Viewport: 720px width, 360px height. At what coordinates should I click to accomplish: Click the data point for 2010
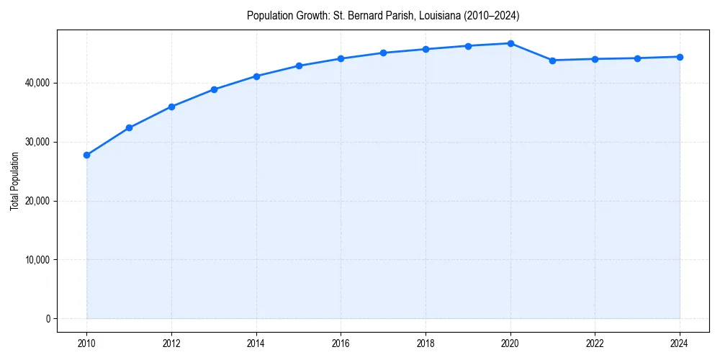click(x=86, y=155)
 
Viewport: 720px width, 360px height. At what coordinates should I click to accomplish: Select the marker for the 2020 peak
click(x=510, y=43)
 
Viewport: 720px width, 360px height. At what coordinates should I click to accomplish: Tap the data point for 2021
click(x=552, y=60)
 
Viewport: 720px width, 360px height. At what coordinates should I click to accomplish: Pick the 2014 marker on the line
click(x=256, y=76)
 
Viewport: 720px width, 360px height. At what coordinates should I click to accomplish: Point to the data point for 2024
click(x=680, y=57)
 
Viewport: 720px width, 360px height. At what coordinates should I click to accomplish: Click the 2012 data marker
click(x=171, y=107)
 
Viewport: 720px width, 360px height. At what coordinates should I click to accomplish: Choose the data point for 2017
click(x=383, y=53)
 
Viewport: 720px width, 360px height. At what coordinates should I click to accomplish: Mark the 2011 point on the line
click(x=129, y=128)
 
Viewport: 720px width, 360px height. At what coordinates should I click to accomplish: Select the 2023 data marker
click(x=637, y=58)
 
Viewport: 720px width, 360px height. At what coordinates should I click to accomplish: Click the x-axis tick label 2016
click(x=341, y=343)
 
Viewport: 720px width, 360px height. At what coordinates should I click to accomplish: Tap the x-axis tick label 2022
click(x=595, y=343)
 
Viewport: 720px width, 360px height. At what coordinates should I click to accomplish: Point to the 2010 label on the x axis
click(x=86, y=343)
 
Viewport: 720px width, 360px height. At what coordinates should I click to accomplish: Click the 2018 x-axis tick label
click(x=426, y=343)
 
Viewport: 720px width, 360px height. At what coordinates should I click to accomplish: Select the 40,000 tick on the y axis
click(x=37, y=83)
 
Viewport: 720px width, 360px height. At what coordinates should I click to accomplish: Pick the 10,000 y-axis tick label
click(x=37, y=260)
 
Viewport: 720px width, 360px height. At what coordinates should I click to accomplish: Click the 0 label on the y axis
click(x=48, y=319)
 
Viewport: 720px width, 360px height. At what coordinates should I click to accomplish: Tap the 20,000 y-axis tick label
click(x=37, y=201)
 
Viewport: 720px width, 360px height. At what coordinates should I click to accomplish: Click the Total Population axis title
click(x=14, y=181)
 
